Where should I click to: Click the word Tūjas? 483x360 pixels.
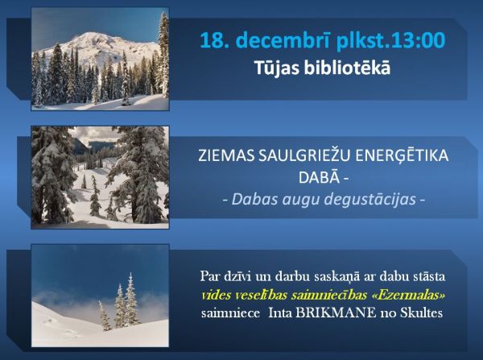277,68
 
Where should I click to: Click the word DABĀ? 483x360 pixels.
319,177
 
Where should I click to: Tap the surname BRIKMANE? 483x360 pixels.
336,313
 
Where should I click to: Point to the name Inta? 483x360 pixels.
280,313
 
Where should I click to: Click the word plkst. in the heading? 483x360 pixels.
357,41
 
